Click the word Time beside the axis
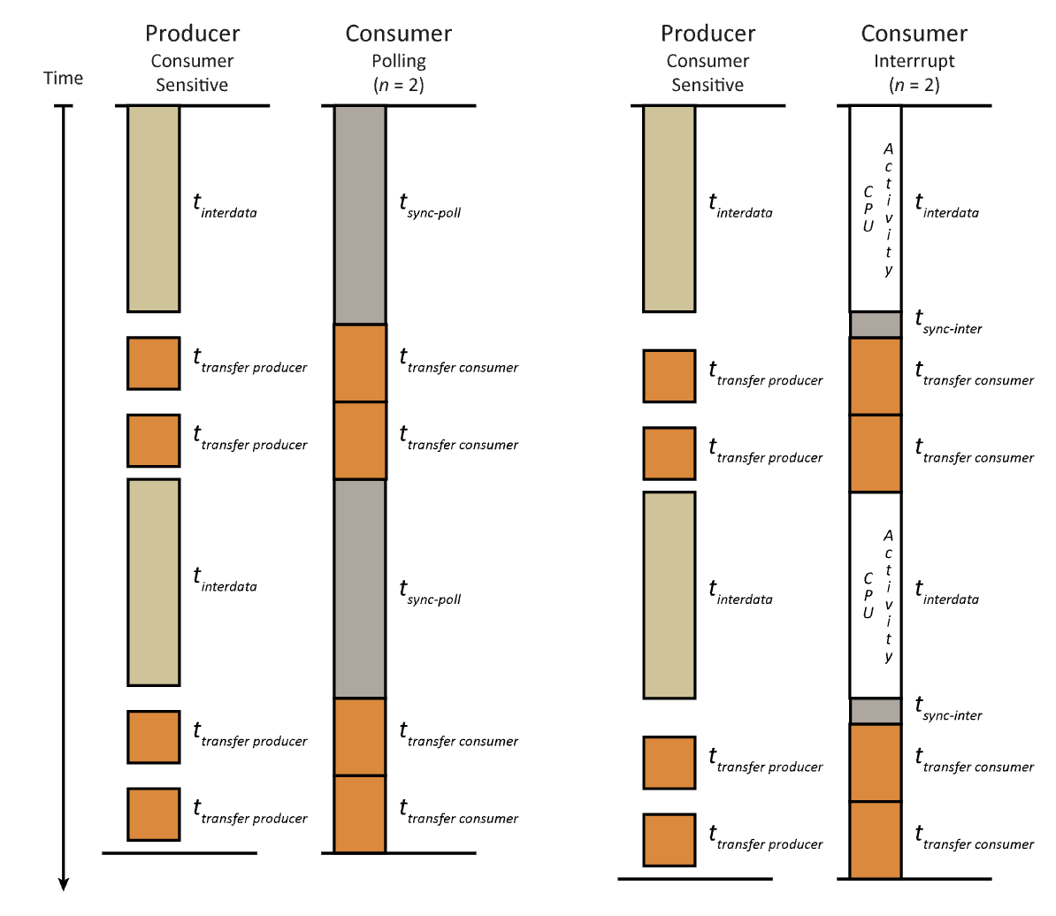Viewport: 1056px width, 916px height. click(63, 79)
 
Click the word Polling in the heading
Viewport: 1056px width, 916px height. click(399, 61)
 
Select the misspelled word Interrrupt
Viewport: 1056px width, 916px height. click(914, 61)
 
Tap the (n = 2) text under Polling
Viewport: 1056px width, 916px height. click(399, 86)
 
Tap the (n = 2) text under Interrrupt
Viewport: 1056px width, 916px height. click(914, 86)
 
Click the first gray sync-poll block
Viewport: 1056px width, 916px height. click(360, 215)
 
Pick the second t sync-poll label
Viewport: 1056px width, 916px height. click(430, 593)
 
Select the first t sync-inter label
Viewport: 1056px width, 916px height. click(948, 324)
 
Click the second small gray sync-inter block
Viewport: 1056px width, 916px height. click(876, 711)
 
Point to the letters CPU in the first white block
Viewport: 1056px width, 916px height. click(868, 209)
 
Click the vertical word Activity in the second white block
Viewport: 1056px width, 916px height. click(888, 595)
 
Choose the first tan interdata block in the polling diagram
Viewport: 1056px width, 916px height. click(154, 209)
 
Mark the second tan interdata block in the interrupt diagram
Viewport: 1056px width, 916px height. click(670, 595)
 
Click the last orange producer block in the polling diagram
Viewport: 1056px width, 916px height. click(154, 814)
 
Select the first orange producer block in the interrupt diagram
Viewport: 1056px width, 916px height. click(670, 376)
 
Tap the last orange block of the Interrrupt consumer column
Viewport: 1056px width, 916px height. click(876, 840)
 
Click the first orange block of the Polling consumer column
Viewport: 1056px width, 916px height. click(360, 363)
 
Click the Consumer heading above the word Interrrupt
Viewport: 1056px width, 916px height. click(914, 34)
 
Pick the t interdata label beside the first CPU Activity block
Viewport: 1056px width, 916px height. click(946, 208)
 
